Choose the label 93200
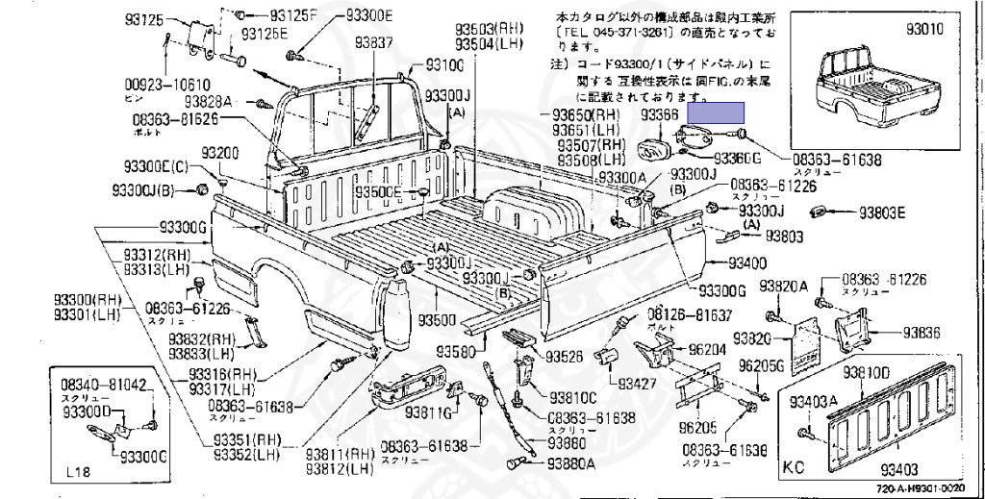pyautogui.click(x=220, y=154)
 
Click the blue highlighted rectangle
pyautogui.click(x=719, y=114)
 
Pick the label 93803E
pyautogui.click(x=882, y=213)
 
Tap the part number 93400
pyautogui.click(x=745, y=262)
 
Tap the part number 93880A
pyautogui.click(x=571, y=463)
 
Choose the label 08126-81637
pyautogui.click(x=689, y=314)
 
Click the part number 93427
pyautogui.click(x=635, y=384)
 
